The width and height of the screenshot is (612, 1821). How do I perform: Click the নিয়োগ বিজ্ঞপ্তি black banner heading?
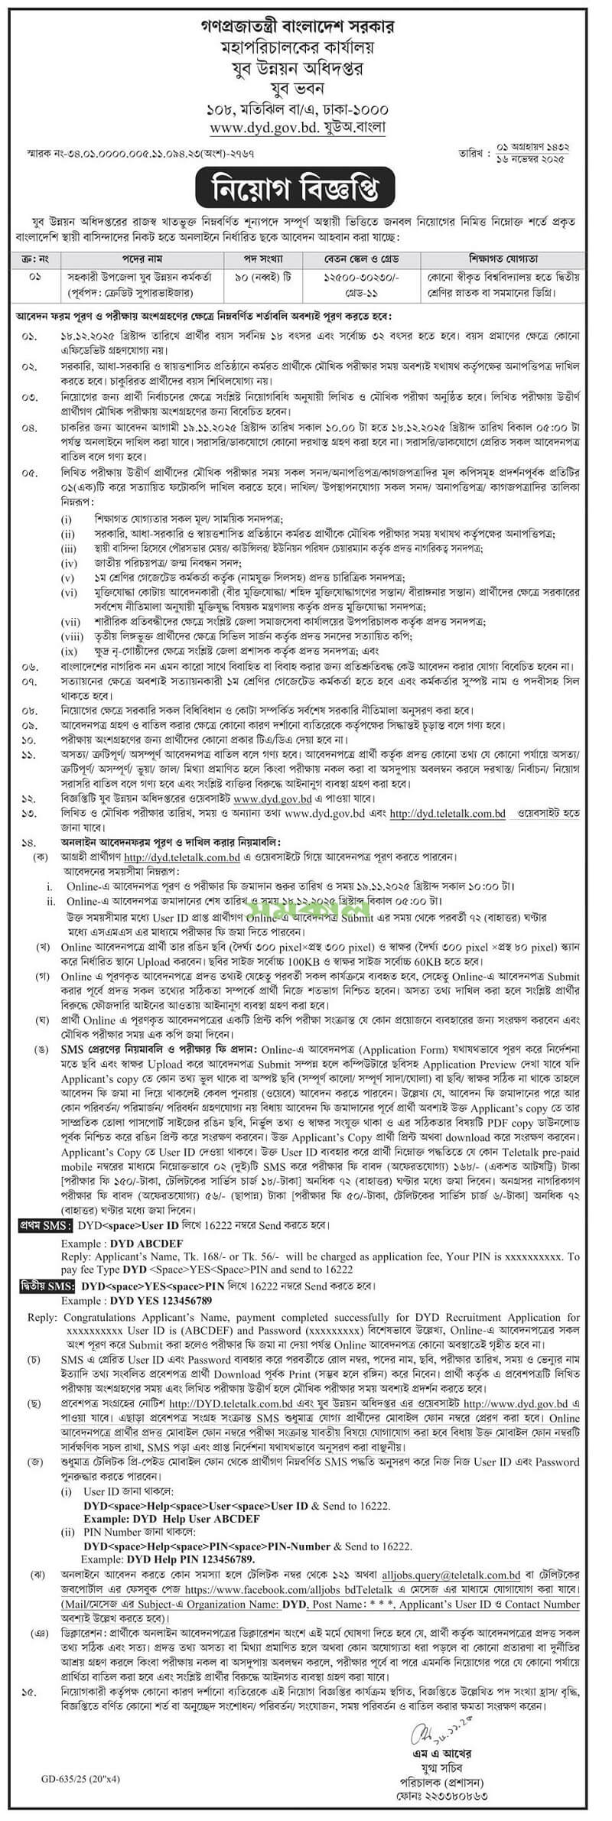(305, 186)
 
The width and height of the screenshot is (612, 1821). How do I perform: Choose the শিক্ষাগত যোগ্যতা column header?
(506, 258)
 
